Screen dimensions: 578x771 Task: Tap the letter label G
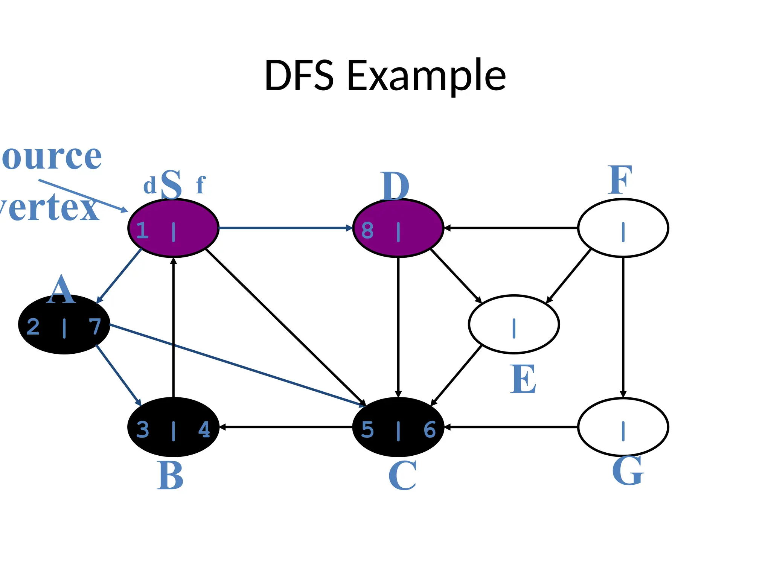[x=628, y=471]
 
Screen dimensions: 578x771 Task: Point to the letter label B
[x=170, y=476]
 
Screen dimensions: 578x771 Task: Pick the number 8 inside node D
[x=367, y=230]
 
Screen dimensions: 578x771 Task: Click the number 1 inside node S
[x=142, y=230]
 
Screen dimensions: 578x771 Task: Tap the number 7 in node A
[x=95, y=327]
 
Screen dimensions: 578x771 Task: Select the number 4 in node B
[x=204, y=429]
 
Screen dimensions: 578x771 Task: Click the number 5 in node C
[x=367, y=429]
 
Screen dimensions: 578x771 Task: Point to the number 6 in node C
[x=430, y=429]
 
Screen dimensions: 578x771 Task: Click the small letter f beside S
[x=201, y=185]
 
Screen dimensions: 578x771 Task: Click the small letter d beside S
[x=149, y=186]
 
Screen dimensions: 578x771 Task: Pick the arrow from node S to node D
[x=285, y=228]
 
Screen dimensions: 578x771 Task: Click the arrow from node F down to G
[x=623, y=327]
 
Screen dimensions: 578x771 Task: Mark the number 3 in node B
[x=142, y=429]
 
